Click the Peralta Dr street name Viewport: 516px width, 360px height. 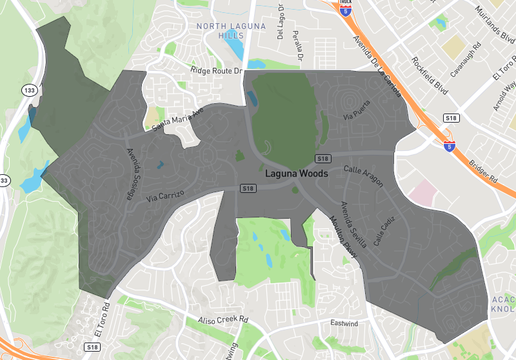[x=297, y=44]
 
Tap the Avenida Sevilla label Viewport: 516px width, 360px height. [x=340, y=228]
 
